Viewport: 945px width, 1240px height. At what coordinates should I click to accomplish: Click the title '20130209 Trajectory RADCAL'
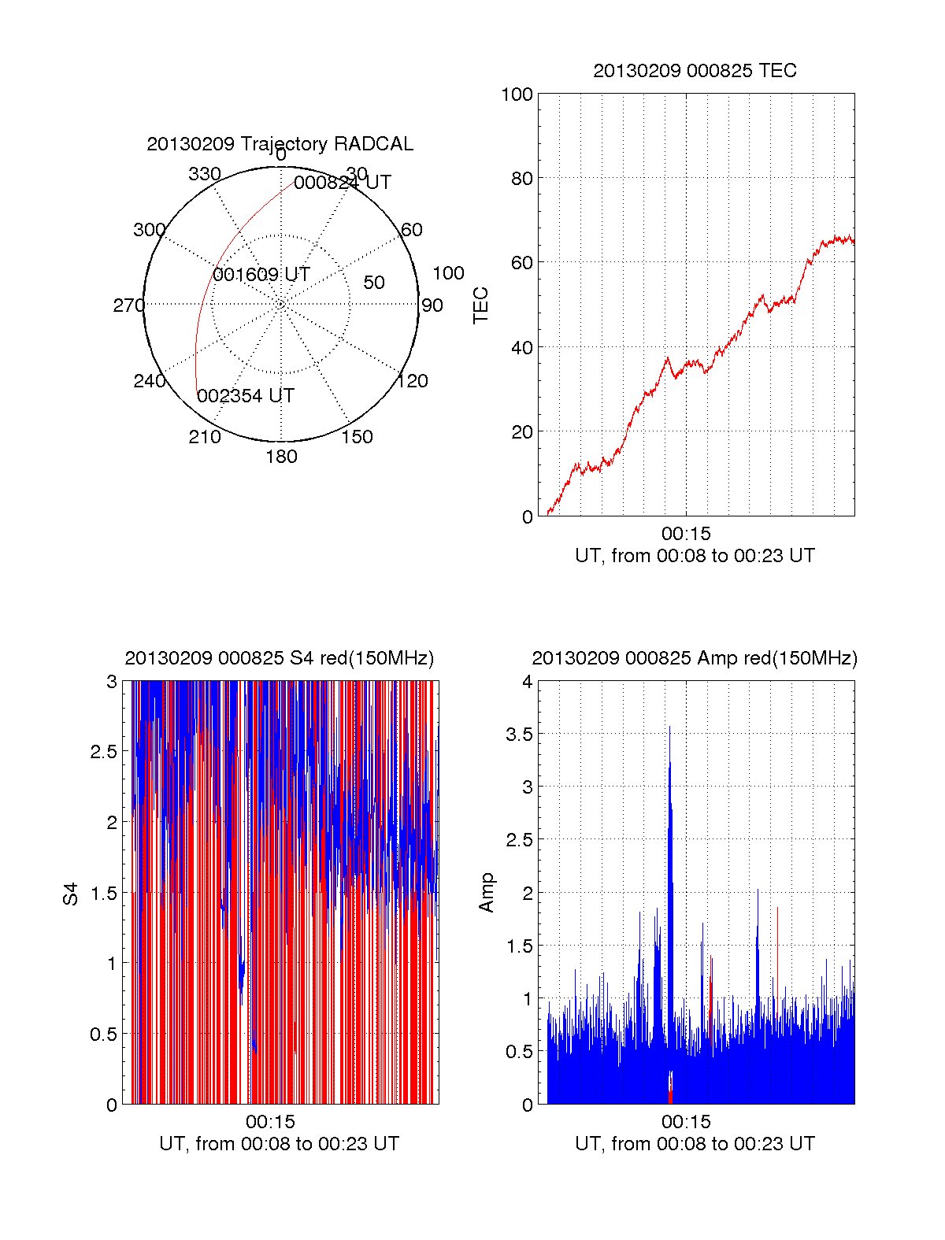[280, 144]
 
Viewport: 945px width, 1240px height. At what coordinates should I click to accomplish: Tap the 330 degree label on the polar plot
[205, 174]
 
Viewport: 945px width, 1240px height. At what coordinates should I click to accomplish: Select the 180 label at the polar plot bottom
[281, 457]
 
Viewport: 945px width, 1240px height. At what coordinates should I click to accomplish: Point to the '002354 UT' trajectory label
[246, 396]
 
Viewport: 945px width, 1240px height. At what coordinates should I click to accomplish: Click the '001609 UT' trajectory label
[261, 275]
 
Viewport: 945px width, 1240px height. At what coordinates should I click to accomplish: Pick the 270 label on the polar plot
[128, 305]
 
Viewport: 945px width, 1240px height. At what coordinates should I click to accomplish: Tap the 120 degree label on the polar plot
[413, 382]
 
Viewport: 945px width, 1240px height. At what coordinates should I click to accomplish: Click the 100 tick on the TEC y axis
[517, 95]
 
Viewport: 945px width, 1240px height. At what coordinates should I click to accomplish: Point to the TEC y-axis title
[480, 305]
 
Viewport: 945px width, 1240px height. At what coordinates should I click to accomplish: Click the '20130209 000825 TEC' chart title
[695, 71]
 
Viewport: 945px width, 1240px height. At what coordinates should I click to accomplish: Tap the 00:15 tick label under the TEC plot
[686, 535]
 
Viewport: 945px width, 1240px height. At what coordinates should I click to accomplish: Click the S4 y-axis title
[71, 894]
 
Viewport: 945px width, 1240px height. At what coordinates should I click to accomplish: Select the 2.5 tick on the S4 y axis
[104, 752]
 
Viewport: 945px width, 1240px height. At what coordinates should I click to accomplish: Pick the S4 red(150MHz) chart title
[280, 658]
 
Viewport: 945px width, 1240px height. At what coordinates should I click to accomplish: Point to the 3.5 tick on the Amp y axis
[519, 735]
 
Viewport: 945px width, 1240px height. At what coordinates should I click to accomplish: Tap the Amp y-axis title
[487, 893]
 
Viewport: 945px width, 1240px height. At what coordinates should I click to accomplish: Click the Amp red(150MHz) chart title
[695, 658]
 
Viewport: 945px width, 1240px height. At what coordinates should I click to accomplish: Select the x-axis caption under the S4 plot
[280, 1144]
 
